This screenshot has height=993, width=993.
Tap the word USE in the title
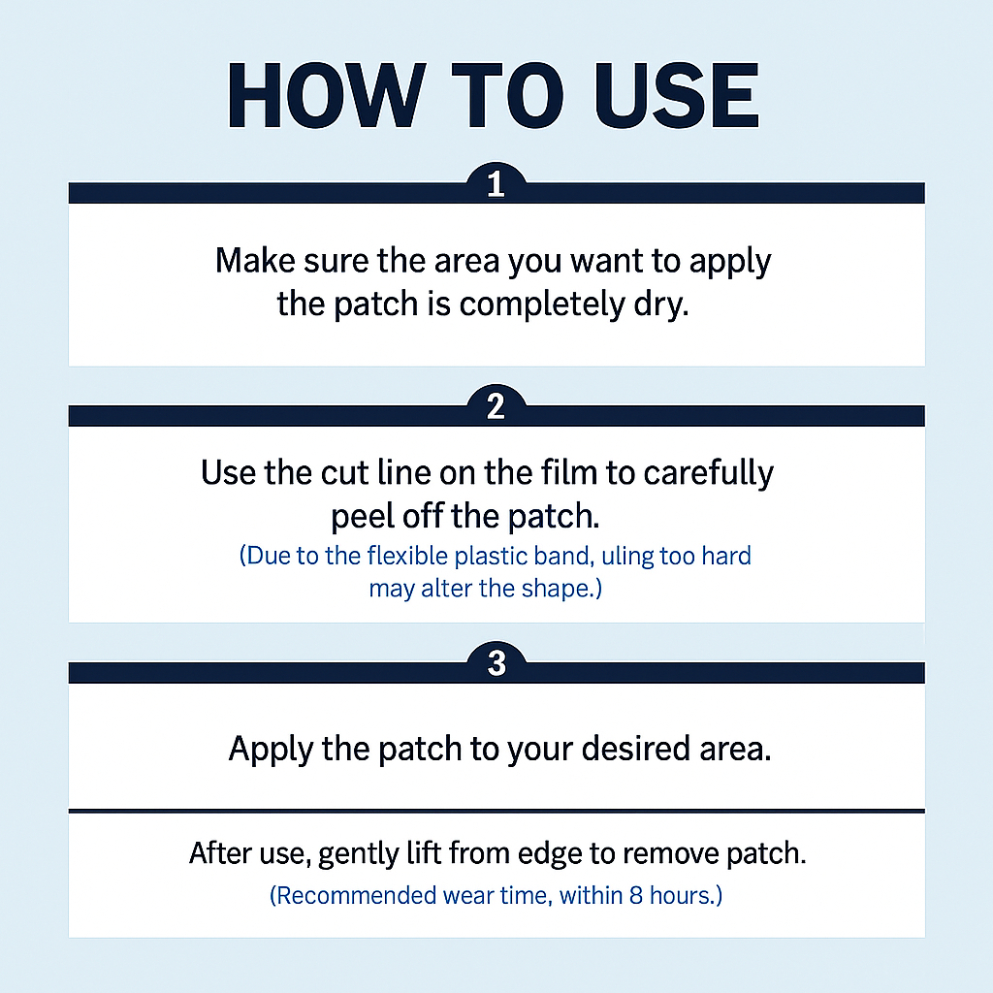coord(676,96)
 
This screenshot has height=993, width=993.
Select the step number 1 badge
coord(496,183)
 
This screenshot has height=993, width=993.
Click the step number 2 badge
coord(496,406)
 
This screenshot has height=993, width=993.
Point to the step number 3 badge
coord(496,663)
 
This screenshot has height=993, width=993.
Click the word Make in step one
coord(255,260)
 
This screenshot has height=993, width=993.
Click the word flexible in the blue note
coord(407,556)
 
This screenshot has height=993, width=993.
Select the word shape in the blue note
coord(558,589)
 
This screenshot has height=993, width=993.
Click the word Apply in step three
coord(272,750)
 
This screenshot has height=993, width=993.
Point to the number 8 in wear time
coord(636,895)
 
